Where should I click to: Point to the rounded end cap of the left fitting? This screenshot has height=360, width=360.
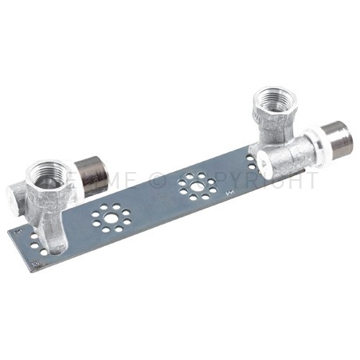[x=18, y=194]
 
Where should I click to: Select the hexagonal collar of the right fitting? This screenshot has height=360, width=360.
[x=275, y=105]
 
